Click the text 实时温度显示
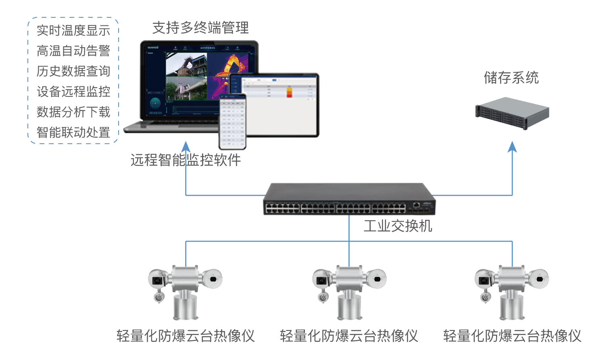click(73, 30)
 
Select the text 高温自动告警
click(73, 51)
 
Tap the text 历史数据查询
click(73, 71)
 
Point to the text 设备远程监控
click(73, 92)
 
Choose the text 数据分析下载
click(73, 112)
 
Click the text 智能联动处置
click(73, 132)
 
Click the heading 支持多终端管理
click(200, 28)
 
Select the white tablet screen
click(278, 105)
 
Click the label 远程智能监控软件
click(186, 160)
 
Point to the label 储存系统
click(511, 77)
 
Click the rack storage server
click(512, 113)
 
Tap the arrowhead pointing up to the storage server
click(512, 146)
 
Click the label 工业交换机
click(398, 226)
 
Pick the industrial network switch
click(349, 199)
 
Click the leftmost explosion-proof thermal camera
click(185, 291)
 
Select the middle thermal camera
click(349, 291)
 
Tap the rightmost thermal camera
click(512, 291)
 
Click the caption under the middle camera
click(349, 336)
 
